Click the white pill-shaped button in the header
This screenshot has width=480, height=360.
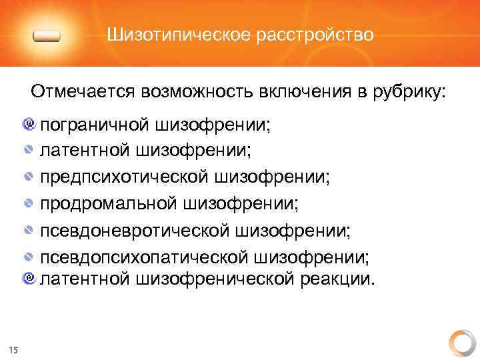click(46, 37)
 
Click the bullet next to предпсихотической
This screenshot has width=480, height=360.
click(29, 177)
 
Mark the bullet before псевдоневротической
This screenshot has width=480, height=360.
click(29, 231)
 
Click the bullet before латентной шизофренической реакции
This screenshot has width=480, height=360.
click(29, 277)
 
